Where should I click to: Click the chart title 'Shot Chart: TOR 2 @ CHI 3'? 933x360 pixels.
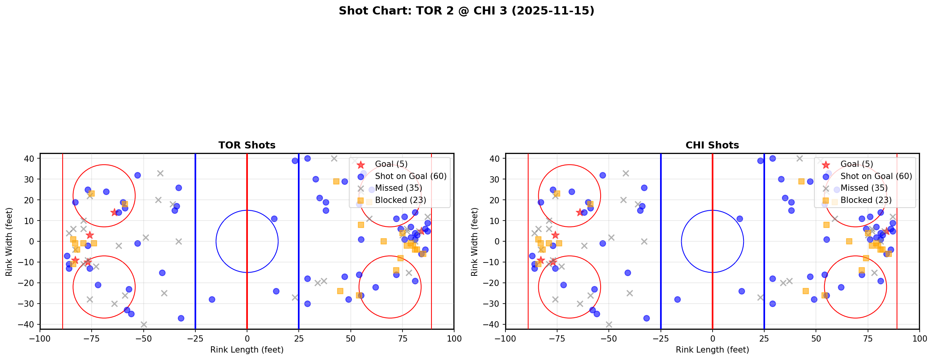pos(466,11)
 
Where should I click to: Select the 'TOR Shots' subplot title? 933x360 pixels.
pos(247,145)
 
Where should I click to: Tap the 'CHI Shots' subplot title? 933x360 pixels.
pos(712,145)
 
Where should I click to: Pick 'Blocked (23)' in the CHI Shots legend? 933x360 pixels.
pos(866,200)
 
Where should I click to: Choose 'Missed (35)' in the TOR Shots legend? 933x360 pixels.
pos(399,188)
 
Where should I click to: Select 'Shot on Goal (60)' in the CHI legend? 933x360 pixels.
pos(876,176)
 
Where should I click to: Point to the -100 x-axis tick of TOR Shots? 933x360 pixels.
pos(40,339)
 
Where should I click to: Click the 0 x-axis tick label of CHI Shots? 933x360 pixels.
pos(713,339)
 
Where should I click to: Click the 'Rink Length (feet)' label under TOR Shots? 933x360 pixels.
pos(247,350)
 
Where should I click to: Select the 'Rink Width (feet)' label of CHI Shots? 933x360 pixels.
pos(475,242)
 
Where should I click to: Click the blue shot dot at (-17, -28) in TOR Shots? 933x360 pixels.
pos(212,300)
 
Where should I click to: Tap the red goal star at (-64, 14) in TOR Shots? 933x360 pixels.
pos(114,212)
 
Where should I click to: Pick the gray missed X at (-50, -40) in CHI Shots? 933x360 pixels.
pos(609,324)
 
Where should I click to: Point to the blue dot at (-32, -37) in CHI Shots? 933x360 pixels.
pos(646,318)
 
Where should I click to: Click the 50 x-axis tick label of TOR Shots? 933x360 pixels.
pos(350,339)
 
